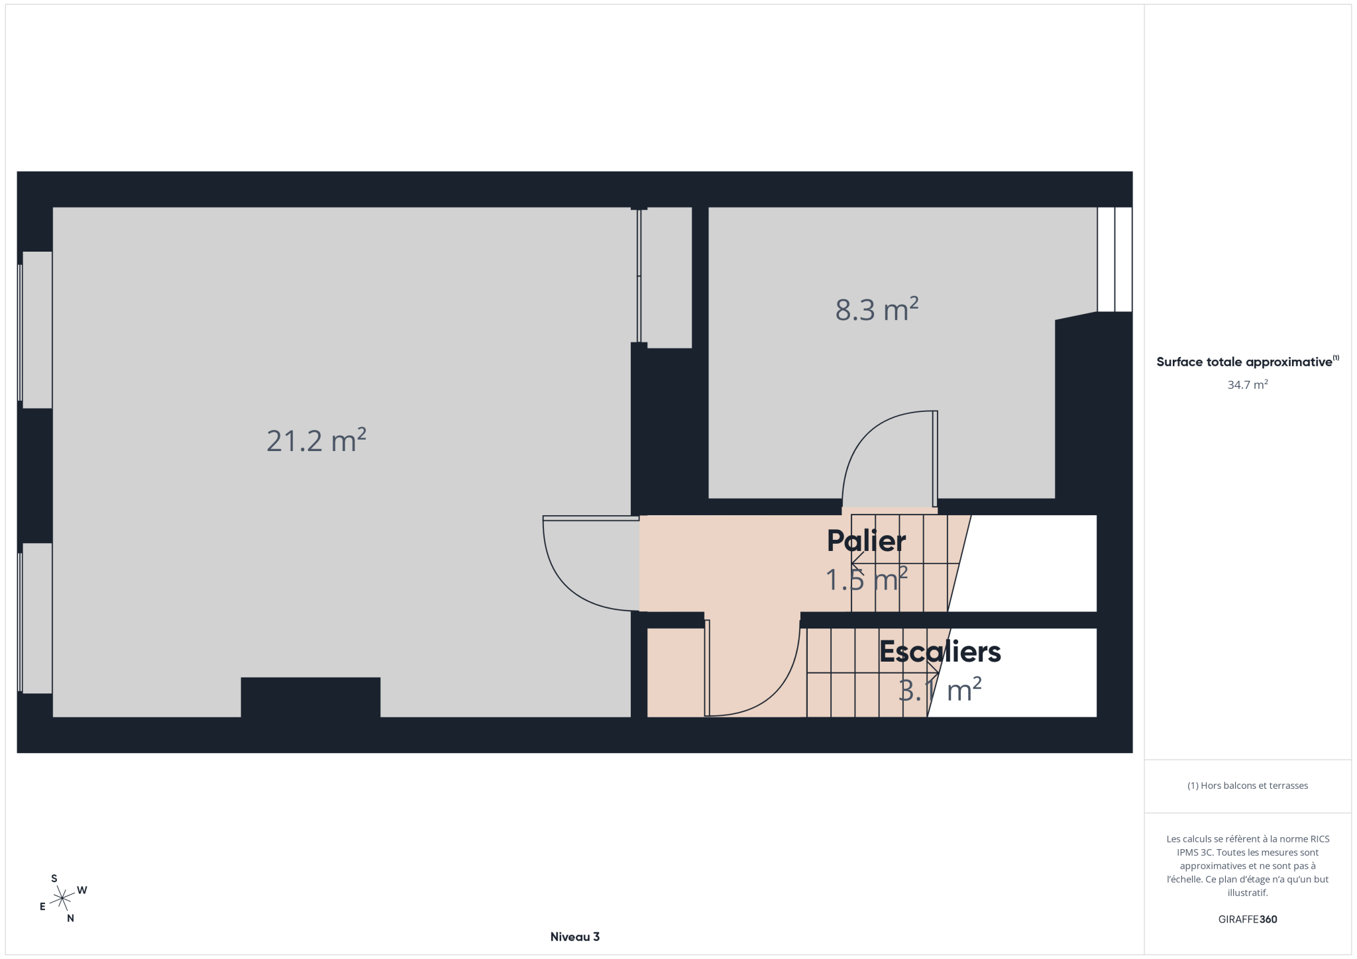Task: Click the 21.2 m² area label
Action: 316,440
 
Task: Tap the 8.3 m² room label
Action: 877,309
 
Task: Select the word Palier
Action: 866,541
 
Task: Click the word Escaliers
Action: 940,652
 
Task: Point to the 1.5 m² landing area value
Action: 866,580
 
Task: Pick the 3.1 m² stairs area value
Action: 940,690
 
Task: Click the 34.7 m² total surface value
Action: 1247,385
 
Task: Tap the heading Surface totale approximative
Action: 1244,362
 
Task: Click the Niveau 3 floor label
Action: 574,936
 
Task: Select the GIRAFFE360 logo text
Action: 1247,919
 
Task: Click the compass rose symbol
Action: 62,898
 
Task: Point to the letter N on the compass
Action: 70,918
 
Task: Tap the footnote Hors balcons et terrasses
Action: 1247,785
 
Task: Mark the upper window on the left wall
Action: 36,330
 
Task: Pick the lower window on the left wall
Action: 36,619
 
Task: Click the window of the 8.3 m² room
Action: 1114,260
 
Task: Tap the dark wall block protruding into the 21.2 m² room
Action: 310,697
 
